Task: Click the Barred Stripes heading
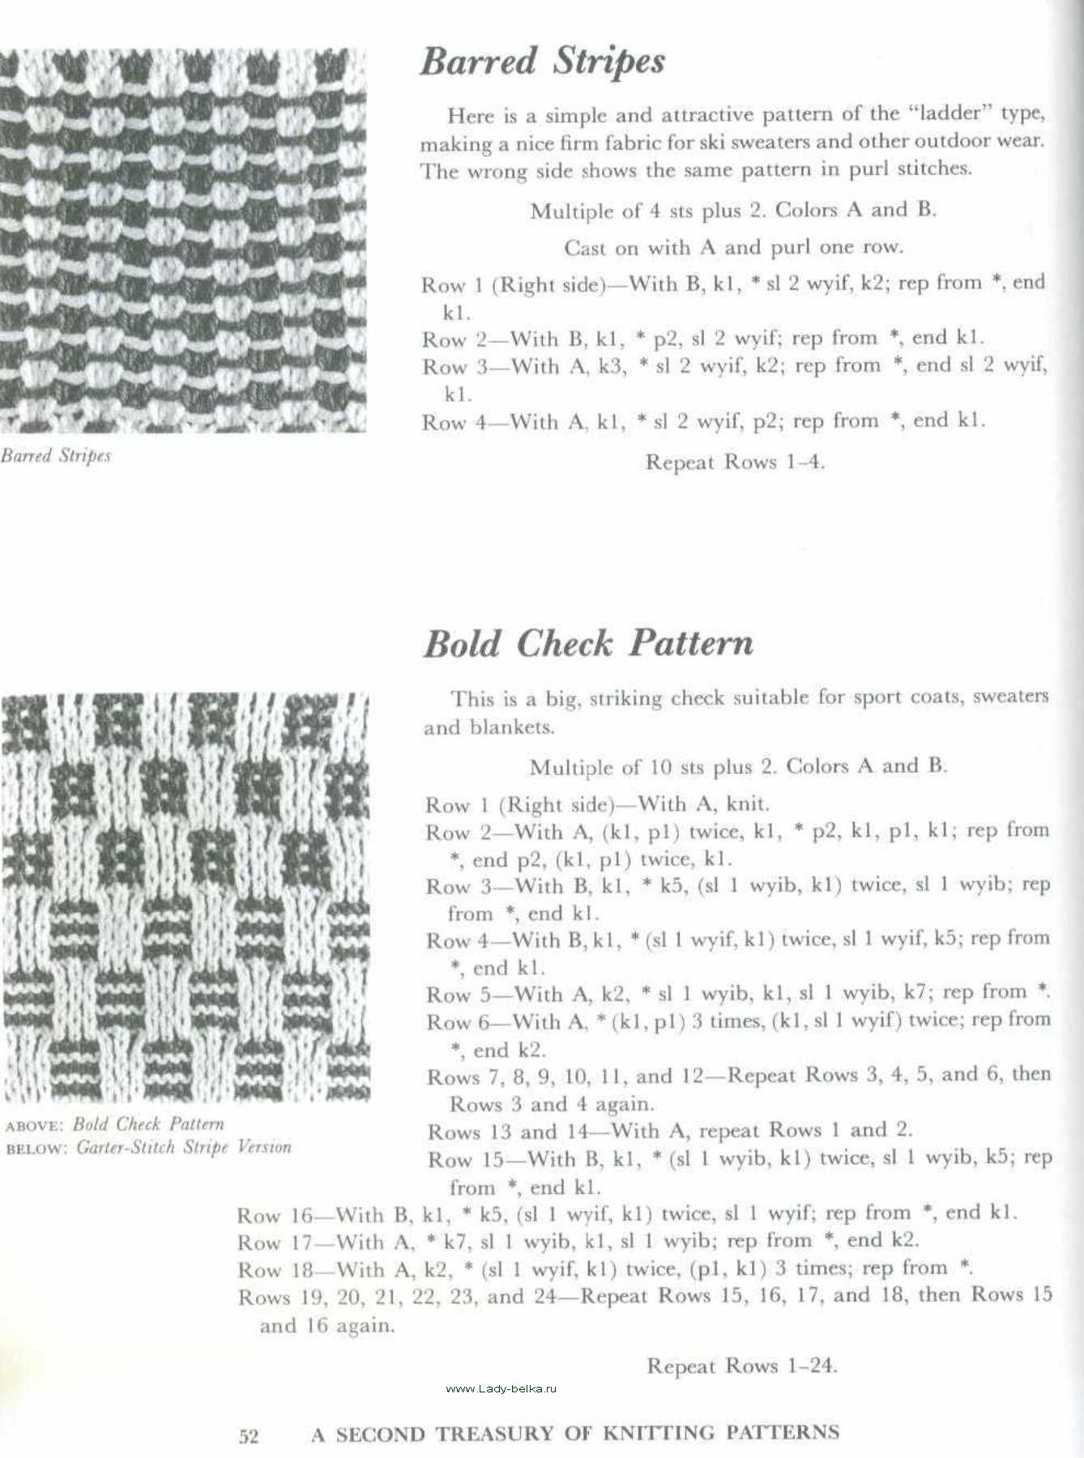(x=542, y=62)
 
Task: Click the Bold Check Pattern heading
(x=588, y=644)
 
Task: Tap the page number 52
(x=249, y=1436)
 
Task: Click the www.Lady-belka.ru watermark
(x=501, y=1388)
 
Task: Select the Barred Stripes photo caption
(x=56, y=455)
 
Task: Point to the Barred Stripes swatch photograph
(x=182, y=240)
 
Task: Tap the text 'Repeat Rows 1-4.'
(x=735, y=463)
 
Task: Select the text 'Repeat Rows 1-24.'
(x=741, y=1366)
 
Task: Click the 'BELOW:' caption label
(x=36, y=1148)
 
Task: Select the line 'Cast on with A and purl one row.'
(x=733, y=247)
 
